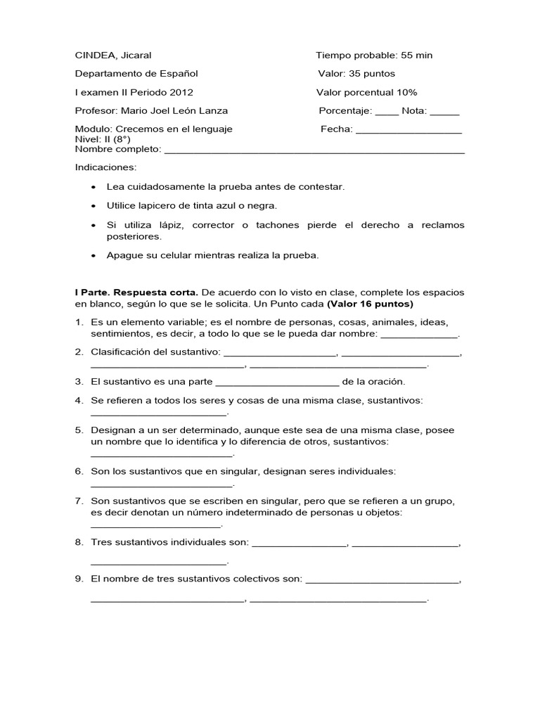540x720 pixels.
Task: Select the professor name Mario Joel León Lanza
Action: [x=174, y=110]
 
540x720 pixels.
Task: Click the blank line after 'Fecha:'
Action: [x=409, y=130]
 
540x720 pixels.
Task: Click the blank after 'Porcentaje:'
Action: [x=387, y=112]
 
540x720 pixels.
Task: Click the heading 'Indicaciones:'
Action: [x=106, y=167]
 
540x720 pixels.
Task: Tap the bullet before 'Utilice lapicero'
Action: [x=94, y=206]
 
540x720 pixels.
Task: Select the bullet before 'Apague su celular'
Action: [x=94, y=256]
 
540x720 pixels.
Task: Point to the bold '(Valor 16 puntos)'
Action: [x=371, y=304]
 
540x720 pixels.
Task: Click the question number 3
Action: [x=79, y=382]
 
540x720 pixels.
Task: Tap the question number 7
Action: [x=79, y=501]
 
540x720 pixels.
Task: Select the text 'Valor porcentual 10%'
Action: [x=366, y=92]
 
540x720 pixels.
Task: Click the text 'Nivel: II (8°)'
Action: [x=103, y=139]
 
